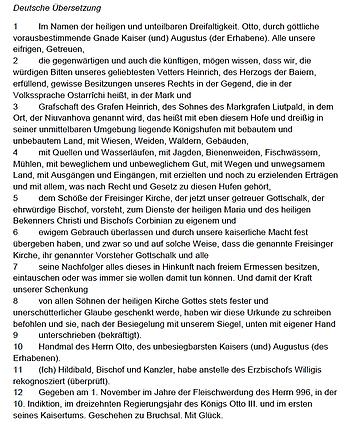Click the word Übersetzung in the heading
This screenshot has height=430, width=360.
click(75, 8)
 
